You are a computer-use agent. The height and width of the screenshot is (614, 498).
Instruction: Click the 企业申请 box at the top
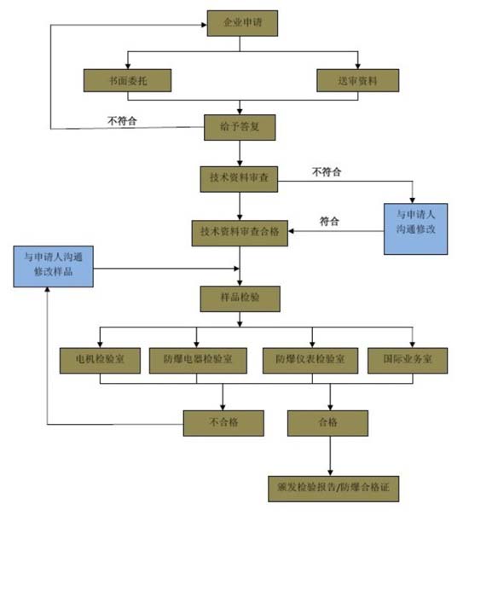(x=242, y=23)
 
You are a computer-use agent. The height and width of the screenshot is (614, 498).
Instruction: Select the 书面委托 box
(x=127, y=80)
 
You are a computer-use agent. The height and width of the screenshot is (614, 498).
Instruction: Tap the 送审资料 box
(x=358, y=80)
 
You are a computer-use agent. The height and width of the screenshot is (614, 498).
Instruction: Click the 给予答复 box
(x=240, y=128)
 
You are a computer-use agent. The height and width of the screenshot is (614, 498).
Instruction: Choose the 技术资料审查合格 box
(x=240, y=232)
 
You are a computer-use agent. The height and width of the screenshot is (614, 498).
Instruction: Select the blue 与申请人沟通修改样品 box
(x=53, y=266)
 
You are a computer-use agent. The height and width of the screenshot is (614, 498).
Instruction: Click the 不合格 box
(x=223, y=422)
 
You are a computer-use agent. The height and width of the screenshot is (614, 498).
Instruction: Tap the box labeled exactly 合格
(x=328, y=422)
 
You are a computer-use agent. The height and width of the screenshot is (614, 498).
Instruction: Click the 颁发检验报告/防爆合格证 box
(x=333, y=489)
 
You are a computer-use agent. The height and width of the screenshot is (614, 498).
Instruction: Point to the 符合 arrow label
(x=329, y=221)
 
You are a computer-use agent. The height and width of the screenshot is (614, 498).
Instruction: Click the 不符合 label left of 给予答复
(x=122, y=121)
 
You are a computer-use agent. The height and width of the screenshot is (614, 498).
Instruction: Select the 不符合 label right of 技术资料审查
(x=327, y=171)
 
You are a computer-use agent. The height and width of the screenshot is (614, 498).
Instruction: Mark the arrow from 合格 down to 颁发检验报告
(x=329, y=456)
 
